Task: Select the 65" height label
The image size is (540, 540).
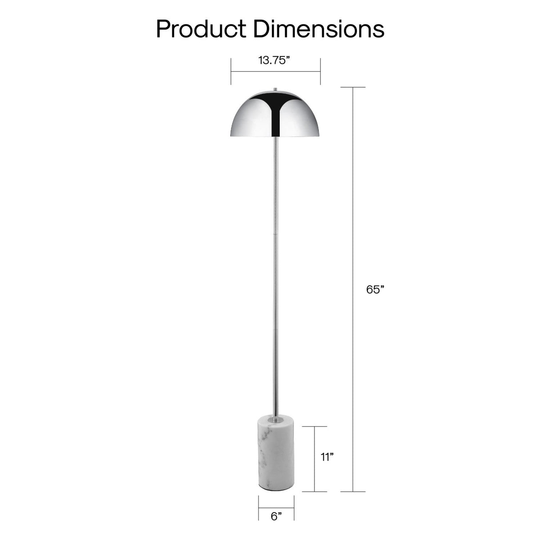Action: click(375, 290)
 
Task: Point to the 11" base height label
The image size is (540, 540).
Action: click(327, 457)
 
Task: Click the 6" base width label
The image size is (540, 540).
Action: click(276, 516)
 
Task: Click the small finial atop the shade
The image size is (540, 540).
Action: click(276, 89)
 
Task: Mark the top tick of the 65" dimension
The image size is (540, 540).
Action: click(353, 87)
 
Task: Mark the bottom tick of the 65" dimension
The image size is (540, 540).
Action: click(353, 492)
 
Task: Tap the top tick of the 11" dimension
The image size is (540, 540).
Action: click(314, 427)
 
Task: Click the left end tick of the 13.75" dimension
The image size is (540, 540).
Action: click(231, 71)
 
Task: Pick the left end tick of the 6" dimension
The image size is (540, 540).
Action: click(258, 508)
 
